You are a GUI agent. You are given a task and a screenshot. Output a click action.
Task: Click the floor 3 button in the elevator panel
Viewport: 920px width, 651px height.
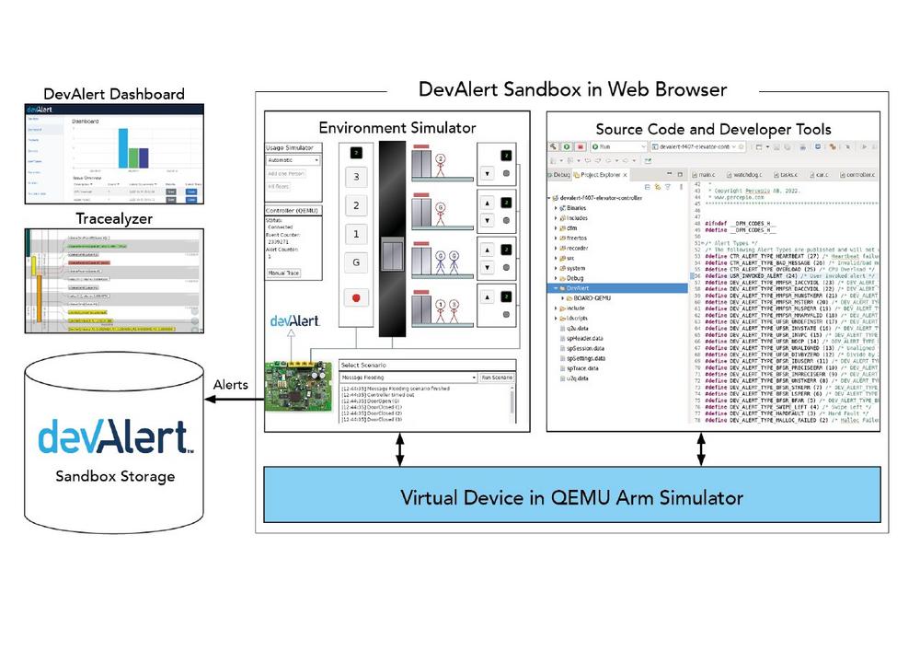pyautogui.click(x=356, y=177)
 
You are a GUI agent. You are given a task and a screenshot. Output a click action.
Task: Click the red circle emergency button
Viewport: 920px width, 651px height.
pyautogui.click(x=356, y=298)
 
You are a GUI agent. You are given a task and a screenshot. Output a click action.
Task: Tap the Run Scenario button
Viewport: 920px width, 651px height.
pyautogui.click(x=496, y=378)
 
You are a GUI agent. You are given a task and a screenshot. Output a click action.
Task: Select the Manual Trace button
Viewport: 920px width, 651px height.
pyautogui.click(x=282, y=273)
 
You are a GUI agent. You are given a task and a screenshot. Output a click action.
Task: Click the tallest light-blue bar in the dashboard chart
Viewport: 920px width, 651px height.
pyautogui.click(x=122, y=147)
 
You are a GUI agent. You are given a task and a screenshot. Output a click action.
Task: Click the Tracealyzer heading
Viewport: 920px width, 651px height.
pyautogui.click(x=114, y=219)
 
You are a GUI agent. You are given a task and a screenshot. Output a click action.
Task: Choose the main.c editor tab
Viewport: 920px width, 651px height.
pyautogui.click(x=707, y=173)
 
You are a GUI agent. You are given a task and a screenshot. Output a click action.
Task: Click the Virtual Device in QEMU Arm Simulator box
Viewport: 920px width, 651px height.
pyautogui.click(x=571, y=498)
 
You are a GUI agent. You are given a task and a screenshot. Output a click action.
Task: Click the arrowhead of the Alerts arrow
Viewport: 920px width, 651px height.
pyautogui.click(x=209, y=399)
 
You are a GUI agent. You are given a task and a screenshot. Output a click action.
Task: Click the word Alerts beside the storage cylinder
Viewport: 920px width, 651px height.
pyautogui.click(x=230, y=384)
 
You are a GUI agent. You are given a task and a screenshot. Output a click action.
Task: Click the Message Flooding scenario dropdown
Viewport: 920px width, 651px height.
pyautogui.click(x=406, y=378)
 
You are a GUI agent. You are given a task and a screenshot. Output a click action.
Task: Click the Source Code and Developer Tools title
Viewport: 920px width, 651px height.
pyautogui.click(x=713, y=129)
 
